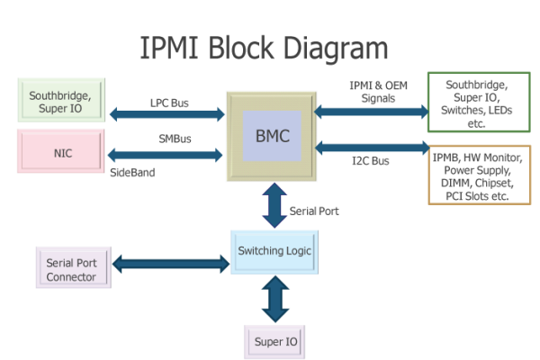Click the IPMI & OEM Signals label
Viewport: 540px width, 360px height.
[x=372, y=92]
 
